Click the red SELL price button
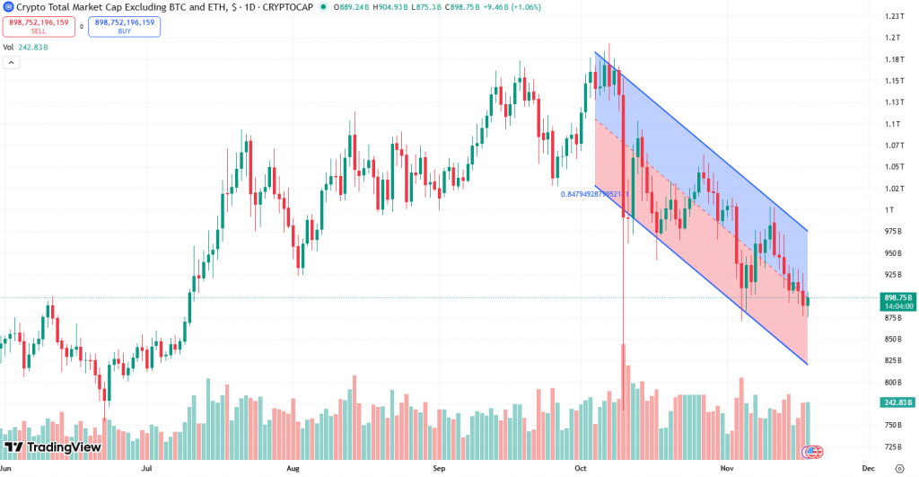[39, 26]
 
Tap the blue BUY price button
[125, 26]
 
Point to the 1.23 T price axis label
[893, 16]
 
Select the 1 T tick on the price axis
[889, 209]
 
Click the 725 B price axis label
[893, 446]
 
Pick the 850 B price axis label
[893, 339]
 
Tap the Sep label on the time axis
[439, 468]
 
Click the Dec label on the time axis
[869, 468]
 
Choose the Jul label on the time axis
[145, 468]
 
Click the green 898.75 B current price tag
[898, 297]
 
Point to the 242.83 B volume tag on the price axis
[898, 402]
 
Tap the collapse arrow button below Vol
[12, 63]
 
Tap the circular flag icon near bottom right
[814, 450]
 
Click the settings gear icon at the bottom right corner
[899, 468]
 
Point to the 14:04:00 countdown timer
[898, 306]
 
